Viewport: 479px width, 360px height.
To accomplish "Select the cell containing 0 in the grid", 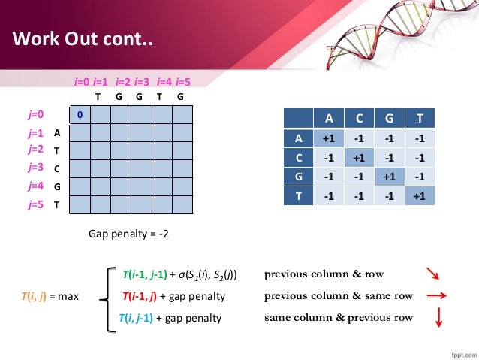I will (x=79, y=114).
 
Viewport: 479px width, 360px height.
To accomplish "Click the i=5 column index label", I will (x=183, y=81).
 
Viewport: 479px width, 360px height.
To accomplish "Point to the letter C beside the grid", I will (x=57, y=168).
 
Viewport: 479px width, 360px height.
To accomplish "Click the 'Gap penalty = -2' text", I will (x=129, y=234).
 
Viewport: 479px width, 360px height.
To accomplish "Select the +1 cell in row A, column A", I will (x=327, y=138).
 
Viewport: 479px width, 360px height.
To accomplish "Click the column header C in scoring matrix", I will (x=359, y=118).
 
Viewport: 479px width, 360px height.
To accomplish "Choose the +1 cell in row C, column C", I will (x=359, y=158).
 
